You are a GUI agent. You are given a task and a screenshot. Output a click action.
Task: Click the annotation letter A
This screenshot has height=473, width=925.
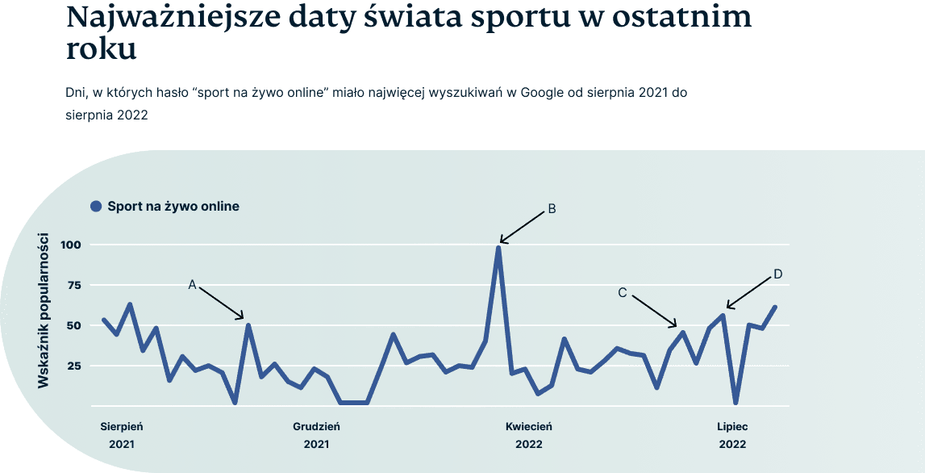(x=193, y=284)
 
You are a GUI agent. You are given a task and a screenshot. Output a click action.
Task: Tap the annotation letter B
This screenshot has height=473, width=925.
(x=552, y=209)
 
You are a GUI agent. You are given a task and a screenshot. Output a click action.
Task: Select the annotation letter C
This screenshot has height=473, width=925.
(x=623, y=293)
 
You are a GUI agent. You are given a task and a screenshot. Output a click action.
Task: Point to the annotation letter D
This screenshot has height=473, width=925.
(x=778, y=274)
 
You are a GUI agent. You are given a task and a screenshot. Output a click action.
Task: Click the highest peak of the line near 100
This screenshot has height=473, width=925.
(x=498, y=247)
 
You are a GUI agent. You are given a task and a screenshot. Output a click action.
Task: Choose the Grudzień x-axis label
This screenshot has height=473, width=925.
(x=316, y=426)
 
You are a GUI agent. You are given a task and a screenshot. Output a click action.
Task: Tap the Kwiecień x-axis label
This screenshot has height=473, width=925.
(x=529, y=426)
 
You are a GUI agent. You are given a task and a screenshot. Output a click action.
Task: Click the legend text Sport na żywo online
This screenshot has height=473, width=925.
(x=173, y=207)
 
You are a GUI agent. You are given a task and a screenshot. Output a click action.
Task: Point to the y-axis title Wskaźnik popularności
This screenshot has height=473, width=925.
(x=44, y=311)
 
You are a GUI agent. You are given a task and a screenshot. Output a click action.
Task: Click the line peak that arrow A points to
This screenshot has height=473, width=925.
(x=248, y=325)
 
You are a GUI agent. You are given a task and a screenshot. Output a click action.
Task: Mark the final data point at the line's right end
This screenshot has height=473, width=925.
(x=775, y=307)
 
